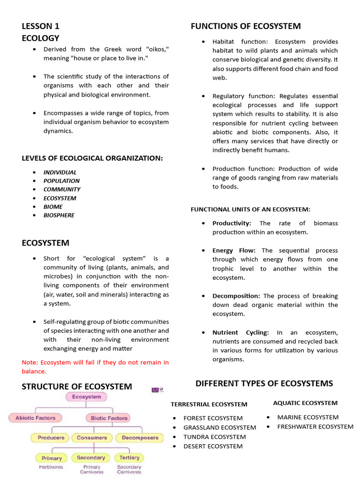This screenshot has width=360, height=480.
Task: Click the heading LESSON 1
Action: pyautogui.click(x=40, y=26)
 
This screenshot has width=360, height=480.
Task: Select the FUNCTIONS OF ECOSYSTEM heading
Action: pyautogui.click(x=246, y=26)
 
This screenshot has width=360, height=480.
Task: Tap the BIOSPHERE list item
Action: pyautogui.click(x=59, y=215)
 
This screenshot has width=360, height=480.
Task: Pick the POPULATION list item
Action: pyautogui.click(x=61, y=180)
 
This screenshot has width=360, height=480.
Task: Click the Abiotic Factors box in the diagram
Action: pyautogui.click(x=35, y=418)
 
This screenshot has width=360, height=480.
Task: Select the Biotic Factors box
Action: pyautogui.click(x=109, y=418)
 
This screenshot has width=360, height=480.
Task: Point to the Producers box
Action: pyautogui.click(x=51, y=438)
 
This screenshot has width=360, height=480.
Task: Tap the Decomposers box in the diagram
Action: pyautogui.click(x=140, y=438)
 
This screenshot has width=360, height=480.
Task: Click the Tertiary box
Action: pyautogui.click(x=129, y=457)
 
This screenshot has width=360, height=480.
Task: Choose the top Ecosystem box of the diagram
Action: pyautogui.click(x=86, y=397)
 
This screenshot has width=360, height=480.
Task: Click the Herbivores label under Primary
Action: pyautogui.click(x=51, y=467)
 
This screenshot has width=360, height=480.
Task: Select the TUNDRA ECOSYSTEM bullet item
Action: pyautogui.click(x=214, y=437)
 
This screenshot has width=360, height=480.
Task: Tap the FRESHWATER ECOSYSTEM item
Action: pyautogui.click(x=315, y=427)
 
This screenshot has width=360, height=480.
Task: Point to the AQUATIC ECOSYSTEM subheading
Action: pyautogui.click(x=305, y=403)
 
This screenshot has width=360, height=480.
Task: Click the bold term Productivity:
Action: pyautogui.click(x=232, y=223)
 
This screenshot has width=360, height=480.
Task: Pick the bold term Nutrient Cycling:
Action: pyautogui.click(x=240, y=332)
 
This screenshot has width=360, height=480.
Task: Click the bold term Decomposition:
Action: pyautogui.click(x=236, y=296)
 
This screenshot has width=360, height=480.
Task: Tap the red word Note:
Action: pyautogui.click(x=30, y=362)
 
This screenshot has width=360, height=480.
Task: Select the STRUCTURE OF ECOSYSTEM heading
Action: pyautogui.click(x=77, y=386)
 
